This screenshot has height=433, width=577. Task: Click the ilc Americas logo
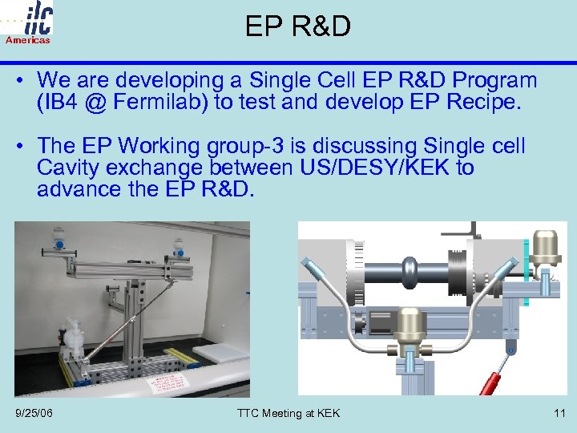pos(29,22)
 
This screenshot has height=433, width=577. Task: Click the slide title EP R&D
pos(297,26)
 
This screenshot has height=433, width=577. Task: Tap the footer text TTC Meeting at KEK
pos(288,413)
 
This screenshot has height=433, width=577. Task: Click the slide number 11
pos(559,413)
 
